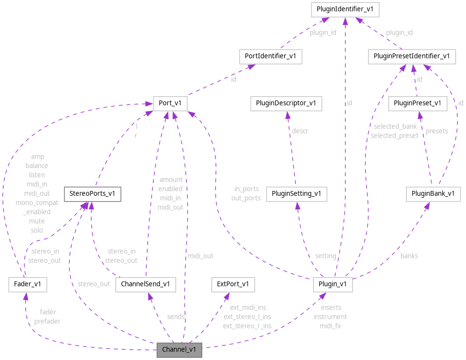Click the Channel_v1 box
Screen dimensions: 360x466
click(179, 350)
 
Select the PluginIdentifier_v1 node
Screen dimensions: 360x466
click(345, 9)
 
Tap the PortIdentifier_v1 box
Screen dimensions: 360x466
click(271, 56)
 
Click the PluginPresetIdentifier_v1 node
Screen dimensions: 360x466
click(412, 56)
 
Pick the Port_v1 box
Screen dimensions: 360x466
click(170, 103)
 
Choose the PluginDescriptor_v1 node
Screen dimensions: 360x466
click(286, 103)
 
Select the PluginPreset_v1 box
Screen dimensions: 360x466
click(417, 103)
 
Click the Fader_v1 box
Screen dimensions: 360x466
click(28, 284)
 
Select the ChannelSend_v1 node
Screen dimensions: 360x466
click(145, 284)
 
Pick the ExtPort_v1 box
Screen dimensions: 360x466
click(233, 284)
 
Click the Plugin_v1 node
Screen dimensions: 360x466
click(332, 284)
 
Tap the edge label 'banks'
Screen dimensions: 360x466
click(409, 256)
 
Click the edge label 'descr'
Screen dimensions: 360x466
click(300, 131)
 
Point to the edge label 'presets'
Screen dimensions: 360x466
click(437, 131)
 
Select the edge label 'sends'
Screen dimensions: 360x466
click(175, 316)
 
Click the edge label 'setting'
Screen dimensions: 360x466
click(326, 256)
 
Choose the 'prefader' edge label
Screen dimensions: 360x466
click(47, 321)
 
